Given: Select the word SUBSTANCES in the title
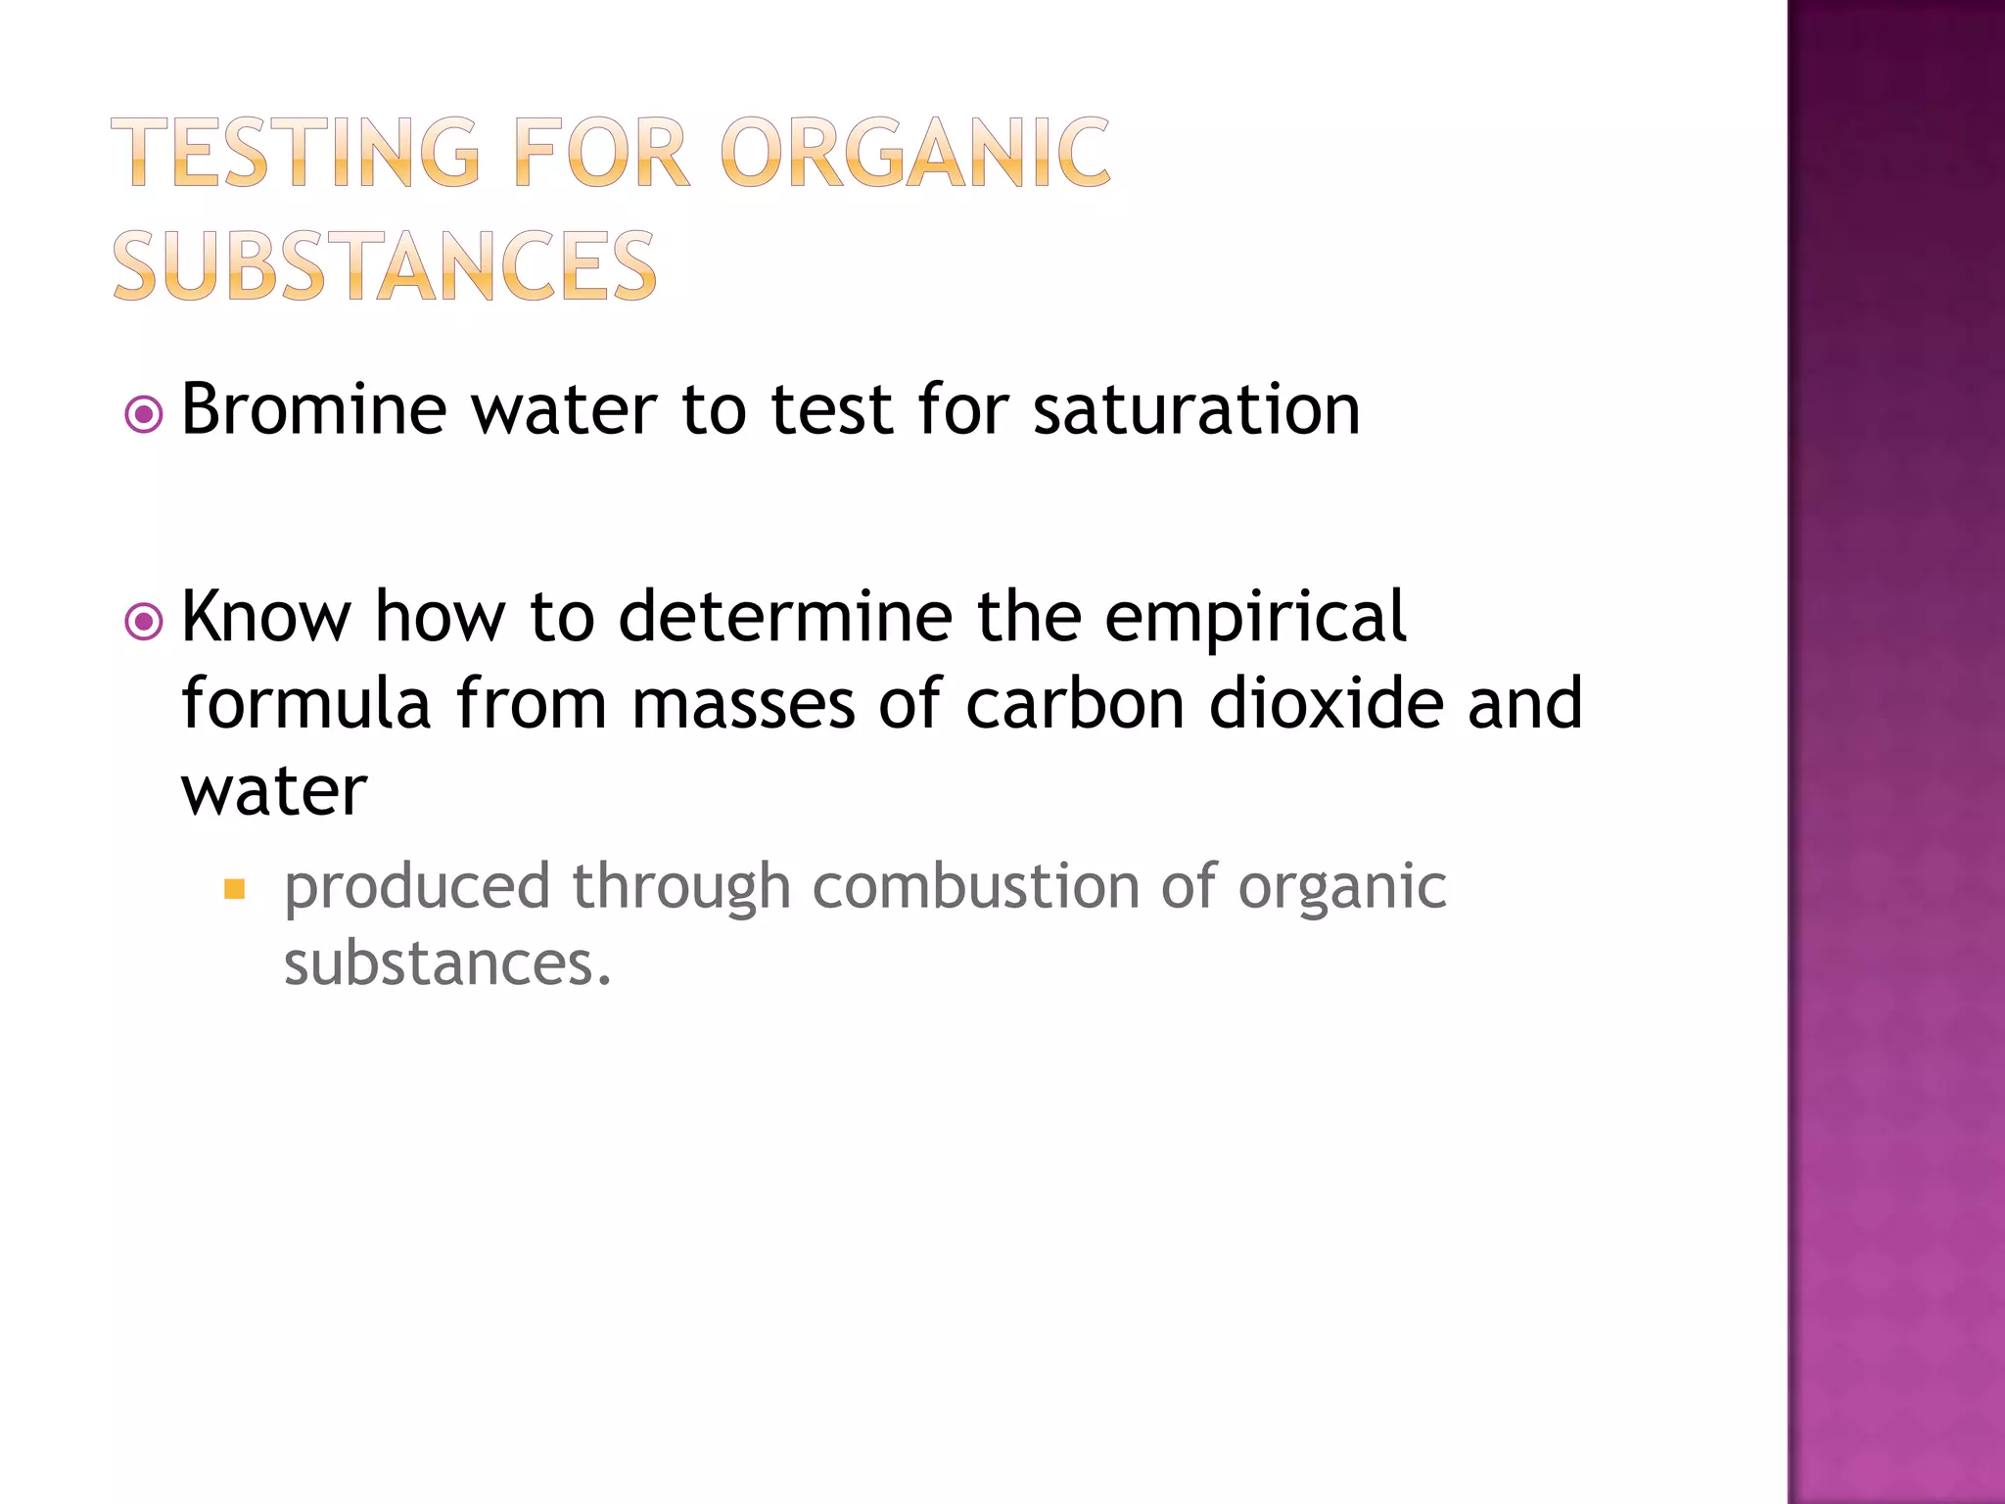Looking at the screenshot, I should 385,265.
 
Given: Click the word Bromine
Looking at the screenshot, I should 314,409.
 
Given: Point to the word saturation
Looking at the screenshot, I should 1196,409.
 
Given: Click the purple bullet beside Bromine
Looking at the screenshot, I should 144,415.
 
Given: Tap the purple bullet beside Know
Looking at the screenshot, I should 144,622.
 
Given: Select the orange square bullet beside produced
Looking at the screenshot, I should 234,889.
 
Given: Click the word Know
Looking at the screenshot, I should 265,617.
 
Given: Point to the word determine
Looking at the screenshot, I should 785,617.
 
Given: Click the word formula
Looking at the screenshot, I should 306,703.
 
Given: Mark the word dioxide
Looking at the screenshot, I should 1327,703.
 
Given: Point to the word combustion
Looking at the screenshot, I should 976,886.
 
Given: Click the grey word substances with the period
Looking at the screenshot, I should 447,963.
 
